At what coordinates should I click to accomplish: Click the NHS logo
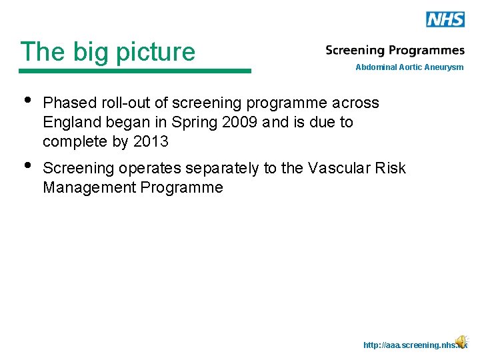(445, 19)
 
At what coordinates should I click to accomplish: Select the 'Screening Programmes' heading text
(395, 51)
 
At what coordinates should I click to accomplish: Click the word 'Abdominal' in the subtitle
(376, 67)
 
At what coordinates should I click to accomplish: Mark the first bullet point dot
(27, 101)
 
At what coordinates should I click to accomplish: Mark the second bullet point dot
(27, 166)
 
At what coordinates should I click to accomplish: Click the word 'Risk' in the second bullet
(390, 169)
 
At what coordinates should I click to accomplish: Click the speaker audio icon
(461, 342)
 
